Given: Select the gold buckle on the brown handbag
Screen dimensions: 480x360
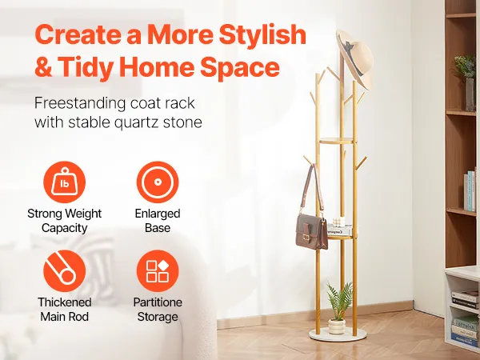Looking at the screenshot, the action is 306,237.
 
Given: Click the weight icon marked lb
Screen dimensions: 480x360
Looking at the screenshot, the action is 64,182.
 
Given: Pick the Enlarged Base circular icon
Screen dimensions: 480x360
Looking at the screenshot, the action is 158,182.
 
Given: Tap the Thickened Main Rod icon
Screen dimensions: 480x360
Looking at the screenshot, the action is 64,271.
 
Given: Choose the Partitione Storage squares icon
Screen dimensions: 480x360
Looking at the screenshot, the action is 158,271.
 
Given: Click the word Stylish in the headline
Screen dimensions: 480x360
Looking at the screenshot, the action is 262,34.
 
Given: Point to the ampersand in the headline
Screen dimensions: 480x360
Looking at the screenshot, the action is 43,67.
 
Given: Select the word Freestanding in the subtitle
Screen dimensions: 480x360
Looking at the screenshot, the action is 79,103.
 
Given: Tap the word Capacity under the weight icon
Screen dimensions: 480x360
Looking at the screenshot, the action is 64,228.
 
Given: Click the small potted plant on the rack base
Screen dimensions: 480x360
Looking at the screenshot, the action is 338,308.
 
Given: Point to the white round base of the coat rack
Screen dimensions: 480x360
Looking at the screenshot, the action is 338,334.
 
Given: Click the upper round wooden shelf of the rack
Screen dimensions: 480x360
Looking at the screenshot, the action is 337,141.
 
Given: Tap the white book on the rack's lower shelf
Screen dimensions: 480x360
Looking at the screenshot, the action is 340,230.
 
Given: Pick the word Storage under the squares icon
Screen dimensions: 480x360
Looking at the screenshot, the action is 158,317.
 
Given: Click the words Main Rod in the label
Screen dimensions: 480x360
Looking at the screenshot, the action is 64,317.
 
